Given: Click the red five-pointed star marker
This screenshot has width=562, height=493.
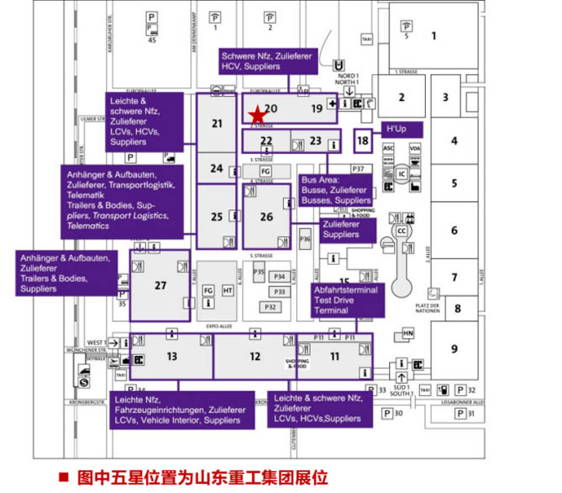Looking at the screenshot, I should pyautogui.click(x=256, y=116).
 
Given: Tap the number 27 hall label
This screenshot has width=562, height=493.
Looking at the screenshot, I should pyautogui.click(x=160, y=285).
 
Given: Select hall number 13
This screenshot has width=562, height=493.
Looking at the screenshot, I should pyautogui.click(x=171, y=357).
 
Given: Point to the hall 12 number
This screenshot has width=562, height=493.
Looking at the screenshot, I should pyautogui.click(x=255, y=357).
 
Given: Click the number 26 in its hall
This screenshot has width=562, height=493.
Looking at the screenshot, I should pyautogui.click(x=266, y=217).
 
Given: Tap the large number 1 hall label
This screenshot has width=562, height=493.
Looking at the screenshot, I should pyautogui.click(x=434, y=35).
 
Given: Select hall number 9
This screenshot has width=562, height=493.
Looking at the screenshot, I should pyautogui.click(x=454, y=349).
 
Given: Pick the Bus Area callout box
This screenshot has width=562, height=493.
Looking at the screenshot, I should pyautogui.click(x=335, y=190).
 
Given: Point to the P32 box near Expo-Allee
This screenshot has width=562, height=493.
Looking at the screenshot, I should pyautogui.click(x=270, y=307).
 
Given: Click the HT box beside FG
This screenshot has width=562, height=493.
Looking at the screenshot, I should pyautogui.click(x=228, y=290).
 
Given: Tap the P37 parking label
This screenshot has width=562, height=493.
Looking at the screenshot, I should pyautogui.click(x=359, y=169).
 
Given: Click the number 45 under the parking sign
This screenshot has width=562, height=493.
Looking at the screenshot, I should pyautogui.click(x=152, y=40).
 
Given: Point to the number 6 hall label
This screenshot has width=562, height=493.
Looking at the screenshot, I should pyautogui.click(x=454, y=231).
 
